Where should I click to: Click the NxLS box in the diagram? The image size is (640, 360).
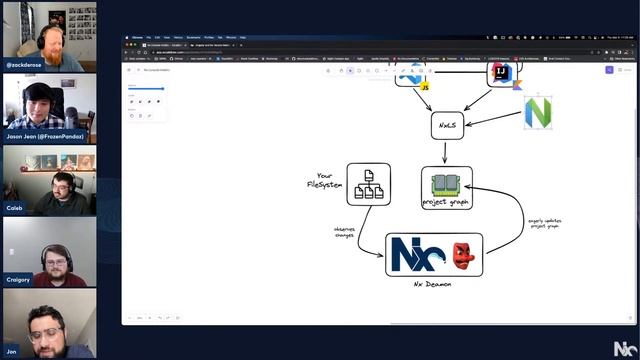447,125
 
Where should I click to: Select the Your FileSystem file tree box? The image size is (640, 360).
368,184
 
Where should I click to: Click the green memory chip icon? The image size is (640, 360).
446,184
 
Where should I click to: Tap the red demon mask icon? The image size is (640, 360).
462,255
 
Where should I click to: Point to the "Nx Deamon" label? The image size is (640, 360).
432,284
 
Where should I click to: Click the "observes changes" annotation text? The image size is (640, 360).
344,232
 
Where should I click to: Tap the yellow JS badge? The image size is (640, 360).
425,88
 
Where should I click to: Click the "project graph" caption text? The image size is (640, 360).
446,202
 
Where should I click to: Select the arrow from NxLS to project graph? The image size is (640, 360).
446,152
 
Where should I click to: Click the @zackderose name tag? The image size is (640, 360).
24,64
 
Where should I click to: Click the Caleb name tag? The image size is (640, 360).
14,208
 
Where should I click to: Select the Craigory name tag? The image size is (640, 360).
19,280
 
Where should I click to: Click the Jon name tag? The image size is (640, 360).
11,352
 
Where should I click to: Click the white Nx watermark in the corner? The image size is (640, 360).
623,347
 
